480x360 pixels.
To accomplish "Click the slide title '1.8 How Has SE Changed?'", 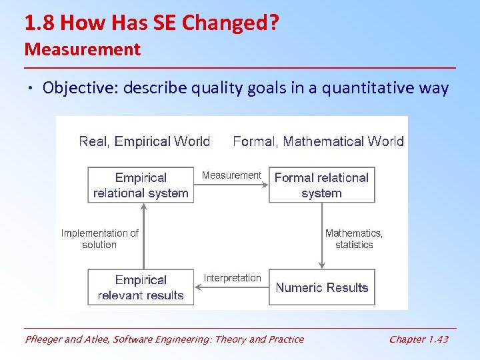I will tap(151, 23).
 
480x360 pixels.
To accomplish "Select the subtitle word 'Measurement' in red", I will tap(83, 49).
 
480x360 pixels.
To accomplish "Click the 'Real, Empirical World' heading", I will tap(144, 141).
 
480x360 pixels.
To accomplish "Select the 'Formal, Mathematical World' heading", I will tap(318, 141).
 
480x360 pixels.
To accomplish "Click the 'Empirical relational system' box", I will tap(141, 185).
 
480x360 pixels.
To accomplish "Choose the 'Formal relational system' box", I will tap(321, 185).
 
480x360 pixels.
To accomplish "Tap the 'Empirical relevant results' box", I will tap(141, 287).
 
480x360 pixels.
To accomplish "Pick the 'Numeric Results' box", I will tap(321, 287).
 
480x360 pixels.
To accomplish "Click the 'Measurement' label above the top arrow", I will tap(231, 175).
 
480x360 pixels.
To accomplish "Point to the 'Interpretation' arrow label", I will tap(232, 278).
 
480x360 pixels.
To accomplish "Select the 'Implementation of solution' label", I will tap(100, 239).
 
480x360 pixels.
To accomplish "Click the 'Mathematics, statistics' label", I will tap(354, 239).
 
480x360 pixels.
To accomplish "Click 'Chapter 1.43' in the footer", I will tap(419, 339).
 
